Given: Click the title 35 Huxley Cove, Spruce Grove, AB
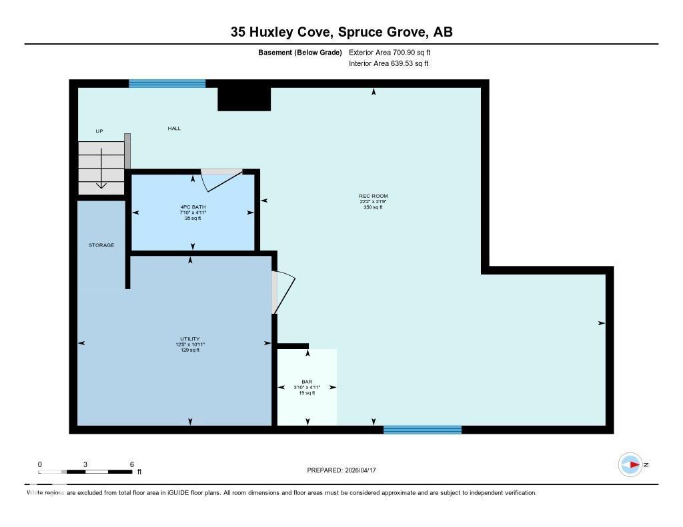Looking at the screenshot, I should pos(341,31).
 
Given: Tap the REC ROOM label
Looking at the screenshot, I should pos(373,196).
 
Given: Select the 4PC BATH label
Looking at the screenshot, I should pos(193,207).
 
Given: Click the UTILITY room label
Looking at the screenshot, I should pos(190,338).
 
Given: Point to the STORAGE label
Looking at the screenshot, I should pos(101,245).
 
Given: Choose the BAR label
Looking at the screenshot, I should pos(307,382).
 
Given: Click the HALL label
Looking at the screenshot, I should pos(174,129).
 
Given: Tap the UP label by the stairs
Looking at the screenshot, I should pos(99,131).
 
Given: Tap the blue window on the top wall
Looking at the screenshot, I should pos(167,83).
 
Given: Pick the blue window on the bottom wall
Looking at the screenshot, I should pos(422,430).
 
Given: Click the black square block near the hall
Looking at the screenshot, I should pos(244,99).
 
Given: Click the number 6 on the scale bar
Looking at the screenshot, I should pos(132,464).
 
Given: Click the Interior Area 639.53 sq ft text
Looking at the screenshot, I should pos(388,64).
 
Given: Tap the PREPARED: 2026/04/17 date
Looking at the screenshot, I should pos(346,470).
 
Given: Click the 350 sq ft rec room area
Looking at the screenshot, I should pos(373,207).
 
